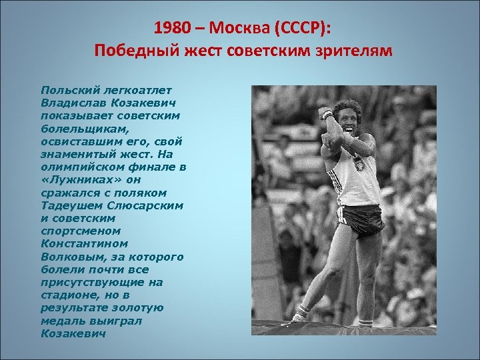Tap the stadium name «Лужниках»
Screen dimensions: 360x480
[x=73, y=179]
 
